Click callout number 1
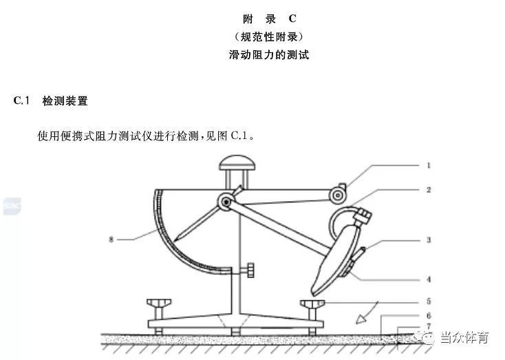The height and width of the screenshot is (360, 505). [429, 166]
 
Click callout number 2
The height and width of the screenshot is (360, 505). [429, 190]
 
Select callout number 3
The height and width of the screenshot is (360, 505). [429, 240]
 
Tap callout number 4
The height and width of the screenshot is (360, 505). [429, 279]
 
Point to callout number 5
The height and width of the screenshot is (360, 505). [429, 301]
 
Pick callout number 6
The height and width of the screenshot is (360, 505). [429, 316]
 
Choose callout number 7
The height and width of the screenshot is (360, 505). [429, 326]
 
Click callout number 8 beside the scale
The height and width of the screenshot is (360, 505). [111, 240]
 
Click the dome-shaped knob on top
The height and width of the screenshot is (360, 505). [237, 163]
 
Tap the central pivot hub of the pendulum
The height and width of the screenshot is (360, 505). [226, 202]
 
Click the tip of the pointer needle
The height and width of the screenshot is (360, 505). [175, 241]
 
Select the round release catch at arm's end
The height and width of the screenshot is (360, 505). [337, 195]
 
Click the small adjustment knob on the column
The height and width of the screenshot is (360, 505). [250, 271]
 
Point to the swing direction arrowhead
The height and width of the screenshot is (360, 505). [361, 319]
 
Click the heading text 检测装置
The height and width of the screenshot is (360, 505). [65, 101]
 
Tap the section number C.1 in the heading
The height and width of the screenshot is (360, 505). [21, 100]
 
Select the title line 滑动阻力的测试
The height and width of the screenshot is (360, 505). [269, 54]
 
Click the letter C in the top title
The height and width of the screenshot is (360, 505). [292, 19]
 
